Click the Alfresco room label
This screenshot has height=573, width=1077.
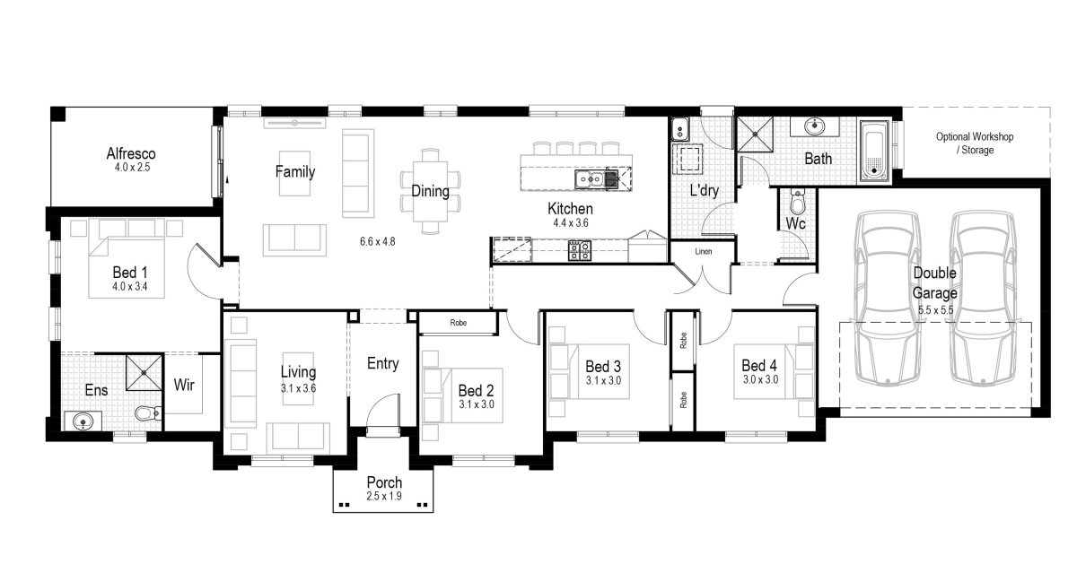132,153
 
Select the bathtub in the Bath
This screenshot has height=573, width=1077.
874,149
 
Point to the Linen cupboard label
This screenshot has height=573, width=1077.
703,252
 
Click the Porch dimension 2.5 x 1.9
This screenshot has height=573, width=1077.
383,496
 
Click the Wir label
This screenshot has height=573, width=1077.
184,386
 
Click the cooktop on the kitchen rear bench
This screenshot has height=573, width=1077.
579,251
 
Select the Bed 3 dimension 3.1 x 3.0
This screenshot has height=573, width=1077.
603,381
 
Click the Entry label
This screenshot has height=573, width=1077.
383,363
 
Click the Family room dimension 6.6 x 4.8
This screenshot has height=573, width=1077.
377,241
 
